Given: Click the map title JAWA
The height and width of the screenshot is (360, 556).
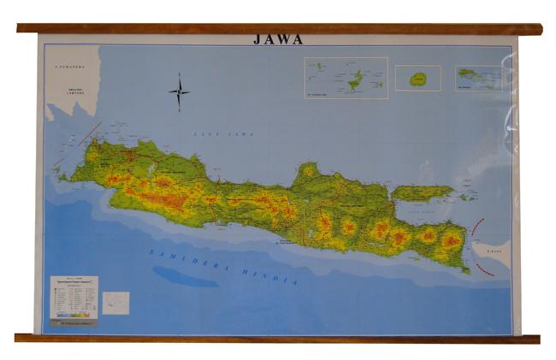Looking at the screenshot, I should (x=278, y=39).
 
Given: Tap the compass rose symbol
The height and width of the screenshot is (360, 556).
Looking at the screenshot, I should (x=179, y=92).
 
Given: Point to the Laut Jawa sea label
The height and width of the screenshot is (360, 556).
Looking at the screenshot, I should (x=211, y=134).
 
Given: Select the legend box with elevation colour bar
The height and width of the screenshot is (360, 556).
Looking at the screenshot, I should (x=74, y=298).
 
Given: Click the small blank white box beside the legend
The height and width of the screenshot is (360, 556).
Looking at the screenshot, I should (x=115, y=303).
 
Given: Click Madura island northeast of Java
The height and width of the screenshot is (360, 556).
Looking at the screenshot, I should (x=423, y=193).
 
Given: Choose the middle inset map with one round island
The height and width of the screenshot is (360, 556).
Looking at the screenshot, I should (x=417, y=78).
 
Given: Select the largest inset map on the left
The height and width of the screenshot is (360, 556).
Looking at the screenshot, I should (x=346, y=78).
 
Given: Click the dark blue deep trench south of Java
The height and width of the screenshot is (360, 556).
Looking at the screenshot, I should (x=185, y=276).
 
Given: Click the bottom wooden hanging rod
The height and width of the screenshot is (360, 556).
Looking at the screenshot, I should (x=278, y=339).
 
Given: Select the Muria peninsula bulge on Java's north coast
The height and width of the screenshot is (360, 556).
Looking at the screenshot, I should (x=308, y=172).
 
